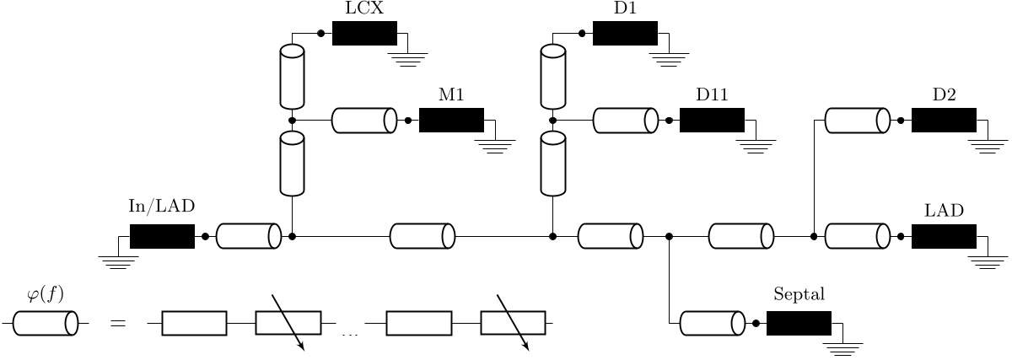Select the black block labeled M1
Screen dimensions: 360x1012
451,121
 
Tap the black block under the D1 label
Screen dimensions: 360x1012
625,33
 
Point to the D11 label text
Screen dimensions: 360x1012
712,95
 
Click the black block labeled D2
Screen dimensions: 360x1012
944,121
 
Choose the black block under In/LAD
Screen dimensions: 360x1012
162,237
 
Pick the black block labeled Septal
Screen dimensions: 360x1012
799,323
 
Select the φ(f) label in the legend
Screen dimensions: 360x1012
46,294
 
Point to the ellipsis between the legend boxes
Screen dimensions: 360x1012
350,334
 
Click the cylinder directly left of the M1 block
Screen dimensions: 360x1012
364,121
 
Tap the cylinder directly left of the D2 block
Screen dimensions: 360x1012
857,121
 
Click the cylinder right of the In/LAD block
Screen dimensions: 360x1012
249,237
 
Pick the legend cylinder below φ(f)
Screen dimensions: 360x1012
46,323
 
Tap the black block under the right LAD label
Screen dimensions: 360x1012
944,237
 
